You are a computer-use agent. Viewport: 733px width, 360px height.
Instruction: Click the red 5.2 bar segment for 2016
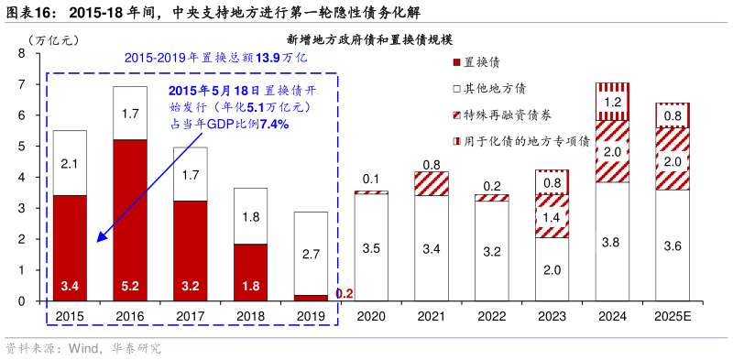click(x=129, y=220)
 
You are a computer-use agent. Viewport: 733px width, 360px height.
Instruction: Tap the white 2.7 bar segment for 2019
click(x=310, y=254)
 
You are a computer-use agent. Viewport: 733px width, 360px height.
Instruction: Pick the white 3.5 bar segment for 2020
click(x=370, y=247)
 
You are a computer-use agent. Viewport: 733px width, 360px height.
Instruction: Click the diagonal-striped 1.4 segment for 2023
click(x=552, y=216)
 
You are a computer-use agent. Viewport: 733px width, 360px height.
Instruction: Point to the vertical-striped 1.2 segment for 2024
click(x=612, y=102)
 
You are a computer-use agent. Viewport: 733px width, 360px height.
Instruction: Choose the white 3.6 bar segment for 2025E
click(x=673, y=245)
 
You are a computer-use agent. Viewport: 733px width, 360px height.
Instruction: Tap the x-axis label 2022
click(x=491, y=315)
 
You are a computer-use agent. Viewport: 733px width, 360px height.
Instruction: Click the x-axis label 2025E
click(x=673, y=315)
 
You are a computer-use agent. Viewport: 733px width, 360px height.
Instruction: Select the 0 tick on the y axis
click(x=21, y=301)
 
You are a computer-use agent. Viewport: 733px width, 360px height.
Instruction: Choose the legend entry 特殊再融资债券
click(x=509, y=115)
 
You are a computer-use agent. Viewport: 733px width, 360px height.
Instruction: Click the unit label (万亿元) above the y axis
click(x=54, y=40)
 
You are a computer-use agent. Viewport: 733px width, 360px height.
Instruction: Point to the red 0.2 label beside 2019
click(x=345, y=294)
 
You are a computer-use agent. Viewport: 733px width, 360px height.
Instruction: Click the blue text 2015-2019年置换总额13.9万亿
click(x=215, y=58)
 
